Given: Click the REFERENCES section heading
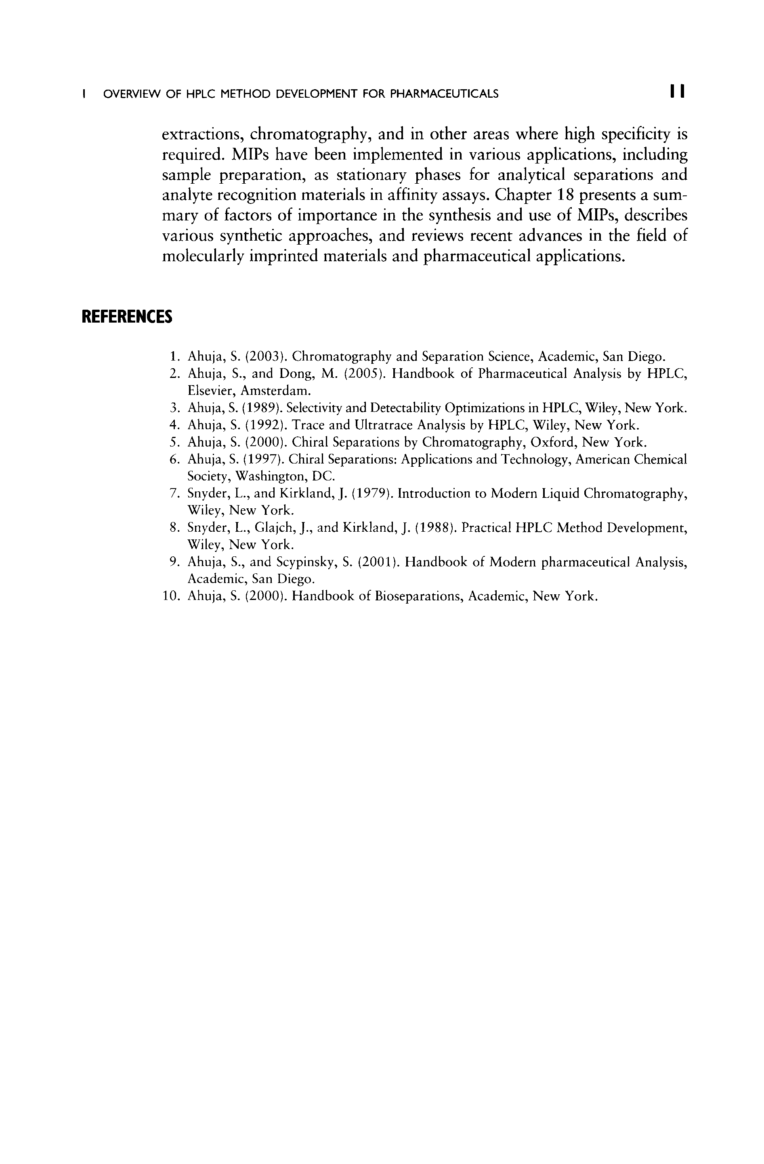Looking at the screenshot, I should pos(127,317).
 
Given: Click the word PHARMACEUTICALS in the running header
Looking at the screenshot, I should pos(444,93).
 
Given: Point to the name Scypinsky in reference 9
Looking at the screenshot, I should pos(304,563).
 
